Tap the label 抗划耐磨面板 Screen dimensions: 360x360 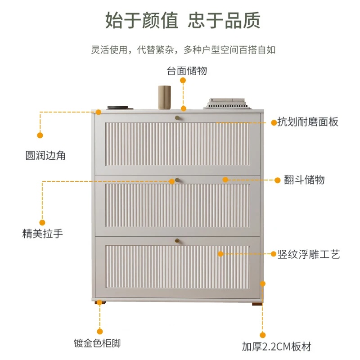307,122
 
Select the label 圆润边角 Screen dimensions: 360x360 45,156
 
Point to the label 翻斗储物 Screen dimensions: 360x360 304,180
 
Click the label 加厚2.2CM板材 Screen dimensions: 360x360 276,346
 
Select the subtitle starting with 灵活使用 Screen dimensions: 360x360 183,50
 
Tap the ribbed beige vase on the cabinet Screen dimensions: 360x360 164,97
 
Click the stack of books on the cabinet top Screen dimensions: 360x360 226,103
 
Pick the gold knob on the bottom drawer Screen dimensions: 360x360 177,241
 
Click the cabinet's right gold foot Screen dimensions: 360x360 257,303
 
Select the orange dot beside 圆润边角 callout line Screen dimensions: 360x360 40,135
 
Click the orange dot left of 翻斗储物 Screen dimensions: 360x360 278,180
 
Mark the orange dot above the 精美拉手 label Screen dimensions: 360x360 42,222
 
